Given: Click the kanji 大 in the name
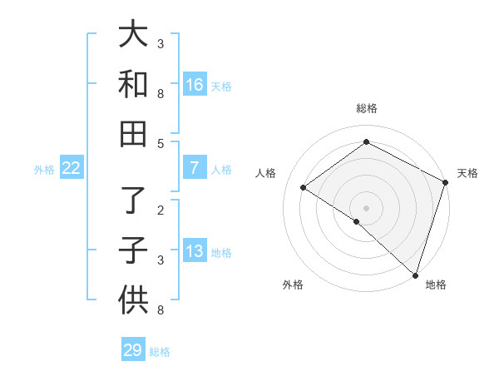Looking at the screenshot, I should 133,35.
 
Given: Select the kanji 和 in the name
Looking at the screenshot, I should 133,84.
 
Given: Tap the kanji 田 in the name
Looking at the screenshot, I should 133,132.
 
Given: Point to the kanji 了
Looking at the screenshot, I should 133,200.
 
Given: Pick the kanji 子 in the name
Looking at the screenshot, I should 133,250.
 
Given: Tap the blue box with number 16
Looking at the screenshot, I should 194,84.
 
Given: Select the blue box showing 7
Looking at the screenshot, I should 194,168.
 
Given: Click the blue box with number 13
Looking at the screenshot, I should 194,251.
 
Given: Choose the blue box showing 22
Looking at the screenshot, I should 72,168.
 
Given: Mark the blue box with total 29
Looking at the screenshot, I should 133,350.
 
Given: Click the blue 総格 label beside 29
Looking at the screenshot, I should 160,352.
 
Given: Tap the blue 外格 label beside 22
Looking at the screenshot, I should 44,170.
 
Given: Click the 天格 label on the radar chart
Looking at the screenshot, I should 467,173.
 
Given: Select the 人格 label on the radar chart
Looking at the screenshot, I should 266,173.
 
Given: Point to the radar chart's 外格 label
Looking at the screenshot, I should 293,285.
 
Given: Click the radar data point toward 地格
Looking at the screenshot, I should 414,275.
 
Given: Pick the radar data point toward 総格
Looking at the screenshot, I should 366,142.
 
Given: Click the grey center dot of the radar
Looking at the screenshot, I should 366,207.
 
